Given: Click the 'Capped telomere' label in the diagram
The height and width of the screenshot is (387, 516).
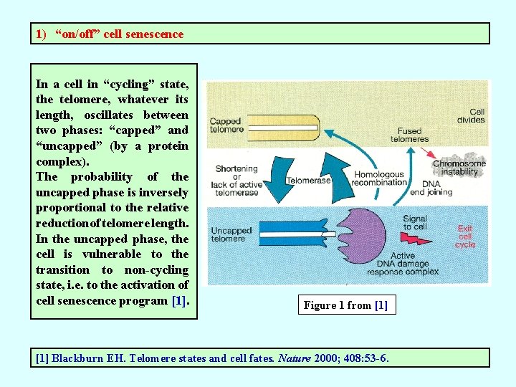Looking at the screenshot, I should tap(225, 125).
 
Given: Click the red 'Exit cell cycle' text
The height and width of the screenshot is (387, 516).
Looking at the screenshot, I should tap(465, 236).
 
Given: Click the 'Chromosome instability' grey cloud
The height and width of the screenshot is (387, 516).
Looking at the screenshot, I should tap(459, 167).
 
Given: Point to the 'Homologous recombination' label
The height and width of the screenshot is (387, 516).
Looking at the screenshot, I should tap(381, 178).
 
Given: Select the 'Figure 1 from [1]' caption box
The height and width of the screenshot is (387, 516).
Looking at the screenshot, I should tap(345, 305).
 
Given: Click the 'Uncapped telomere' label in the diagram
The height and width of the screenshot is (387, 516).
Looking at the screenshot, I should tap(231, 234).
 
